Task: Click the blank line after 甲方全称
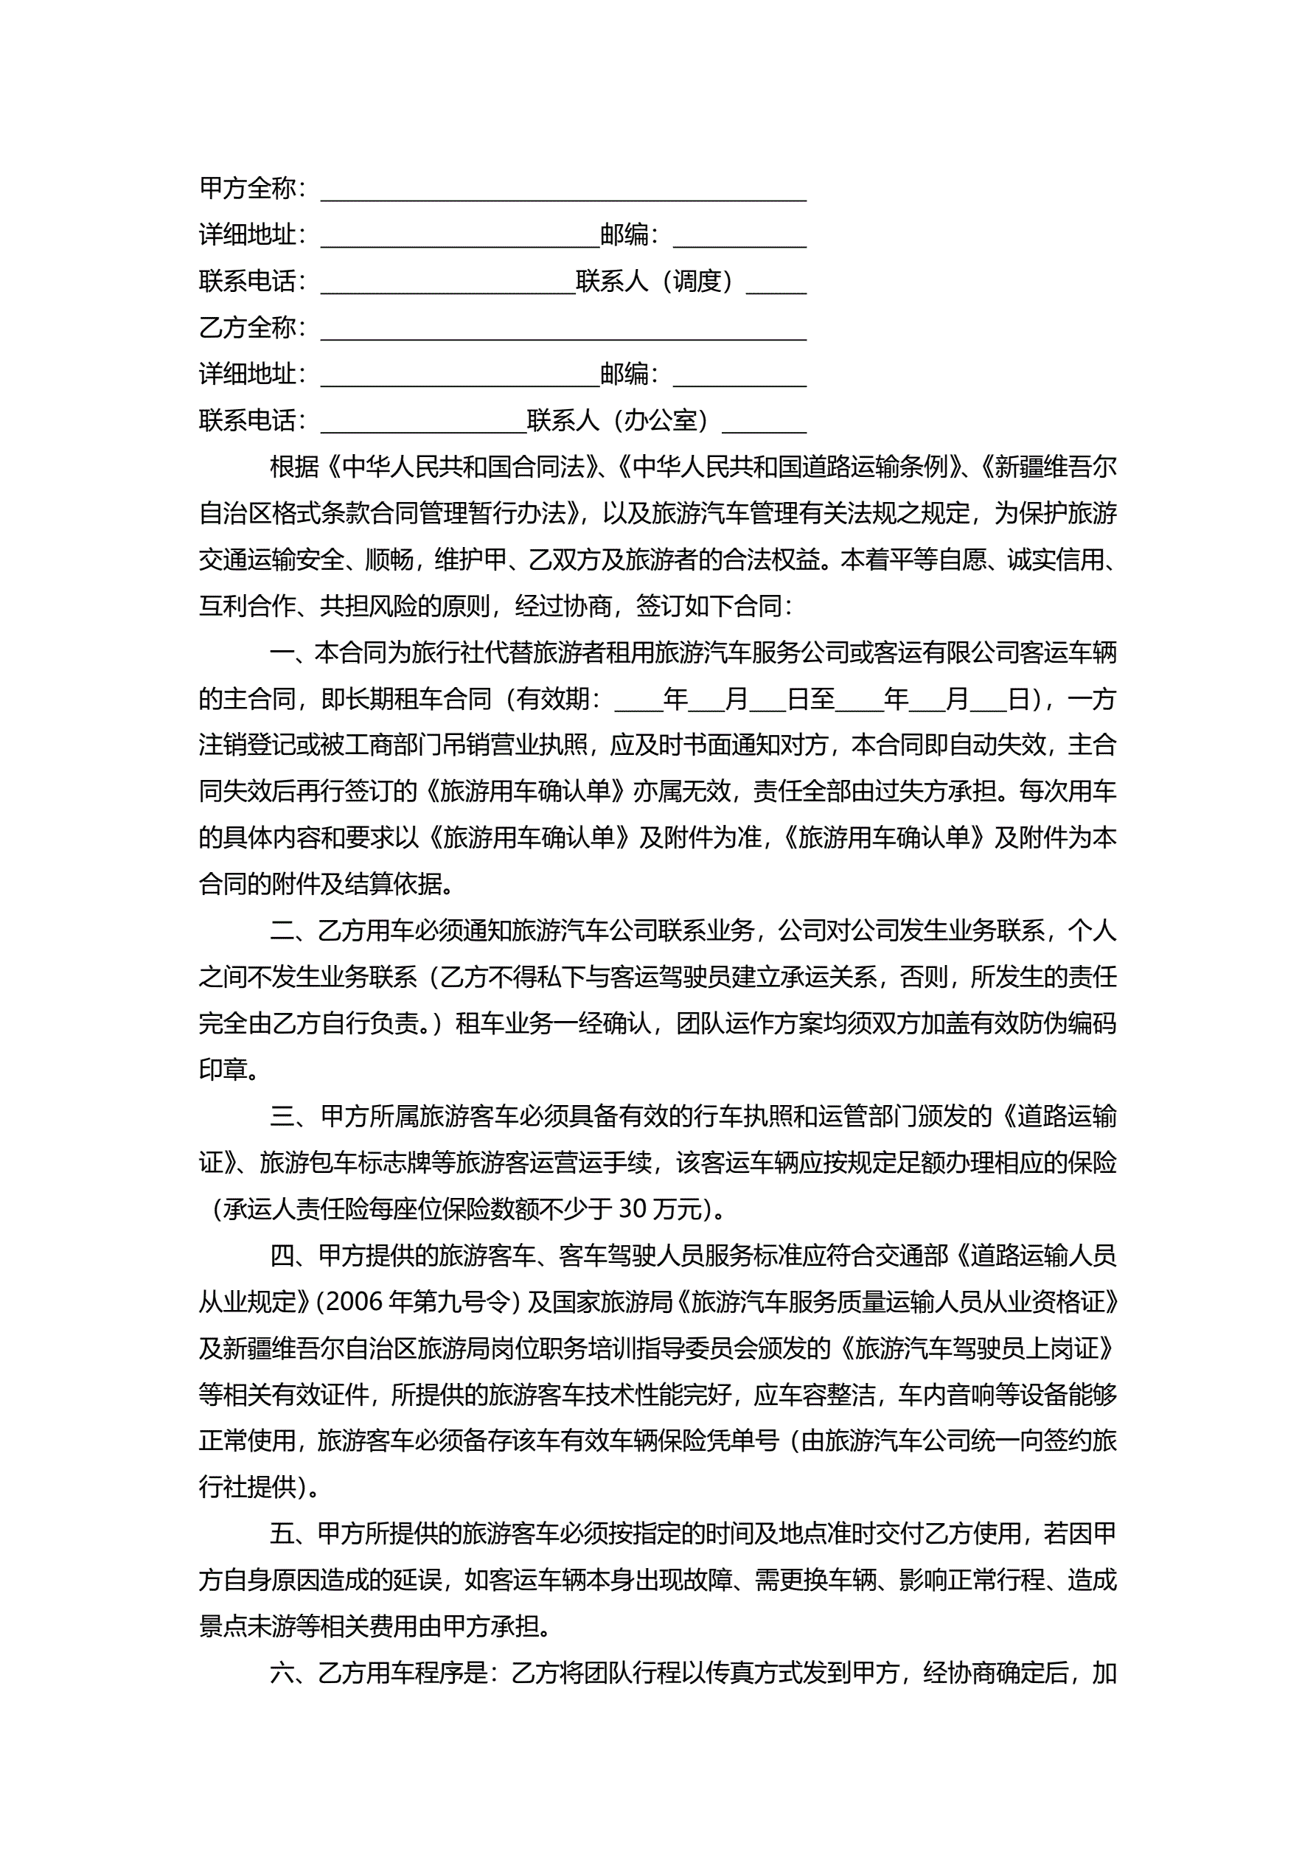[563, 195]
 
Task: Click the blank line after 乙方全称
[563, 334]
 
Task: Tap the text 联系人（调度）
[656, 282]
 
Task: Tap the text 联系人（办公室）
[620, 421]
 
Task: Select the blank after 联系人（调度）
[776, 288]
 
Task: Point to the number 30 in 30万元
[632, 1210]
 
